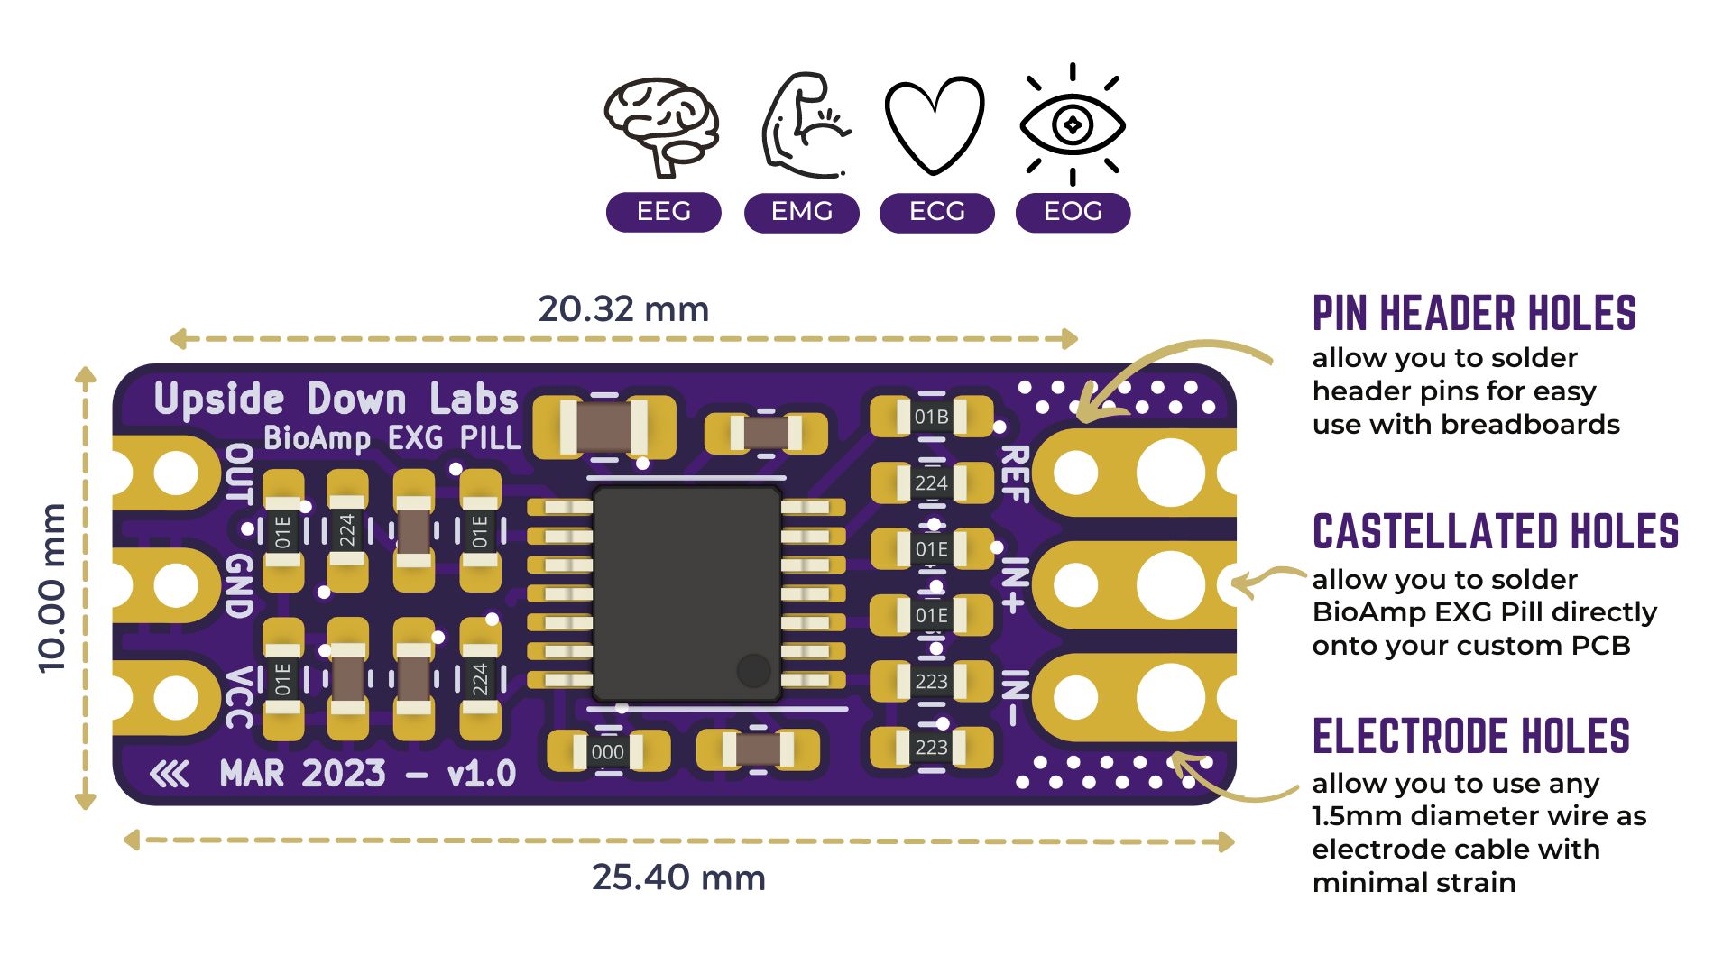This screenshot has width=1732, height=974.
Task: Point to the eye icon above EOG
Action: (x=1073, y=124)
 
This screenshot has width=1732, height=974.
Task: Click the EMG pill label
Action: (x=801, y=212)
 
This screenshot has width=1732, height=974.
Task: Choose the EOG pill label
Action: (x=1073, y=212)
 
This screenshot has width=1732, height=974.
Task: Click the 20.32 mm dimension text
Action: (x=623, y=309)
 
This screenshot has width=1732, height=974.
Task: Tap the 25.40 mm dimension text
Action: (x=678, y=878)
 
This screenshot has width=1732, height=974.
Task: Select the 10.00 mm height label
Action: (x=52, y=588)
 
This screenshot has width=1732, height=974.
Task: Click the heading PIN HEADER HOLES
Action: (x=1474, y=314)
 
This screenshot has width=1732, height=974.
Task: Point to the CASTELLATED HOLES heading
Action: (x=1496, y=531)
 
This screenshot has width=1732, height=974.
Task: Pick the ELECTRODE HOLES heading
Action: (x=1471, y=736)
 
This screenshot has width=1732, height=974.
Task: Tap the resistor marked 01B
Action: (x=931, y=417)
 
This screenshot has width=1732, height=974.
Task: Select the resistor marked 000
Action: (x=607, y=752)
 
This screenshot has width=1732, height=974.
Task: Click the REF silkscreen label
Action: (x=1015, y=473)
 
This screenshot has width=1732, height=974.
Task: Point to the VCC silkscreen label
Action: (x=238, y=697)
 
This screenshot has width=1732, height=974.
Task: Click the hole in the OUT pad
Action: (x=175, y=472)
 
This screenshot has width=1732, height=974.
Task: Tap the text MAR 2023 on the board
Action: (x=303, y=774)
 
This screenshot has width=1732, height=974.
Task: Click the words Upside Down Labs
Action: (x=336, y=399)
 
